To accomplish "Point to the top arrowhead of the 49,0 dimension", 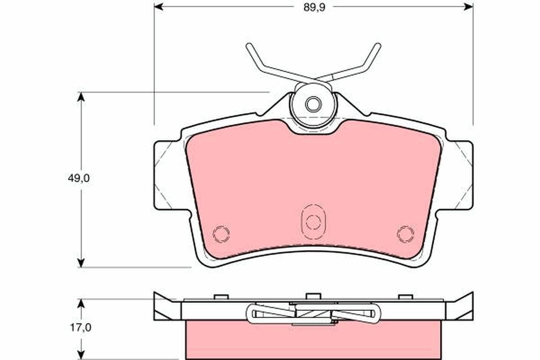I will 81,97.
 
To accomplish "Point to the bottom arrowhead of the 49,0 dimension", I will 81,262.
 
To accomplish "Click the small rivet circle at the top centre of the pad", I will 313,104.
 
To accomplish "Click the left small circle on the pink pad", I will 221,233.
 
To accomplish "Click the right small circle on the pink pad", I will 405,233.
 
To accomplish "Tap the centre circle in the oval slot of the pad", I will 313,221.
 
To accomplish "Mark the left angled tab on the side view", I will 165,307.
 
